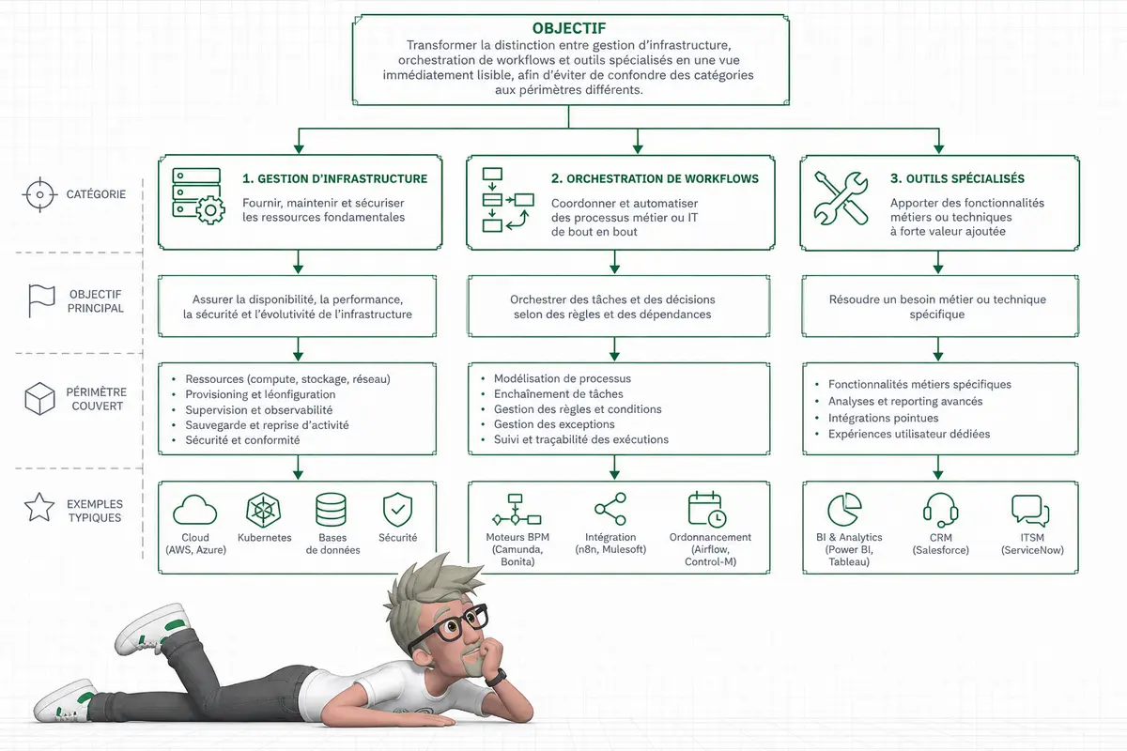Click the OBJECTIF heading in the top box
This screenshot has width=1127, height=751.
pos(569,28)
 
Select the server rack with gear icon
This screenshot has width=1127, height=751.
pos(198,196)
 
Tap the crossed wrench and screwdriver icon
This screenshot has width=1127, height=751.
pos(841,198)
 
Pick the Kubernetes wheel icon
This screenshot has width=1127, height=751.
pos(263,511)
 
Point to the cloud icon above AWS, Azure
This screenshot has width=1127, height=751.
pos(194,510)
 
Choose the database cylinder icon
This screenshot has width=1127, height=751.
pos(331,510)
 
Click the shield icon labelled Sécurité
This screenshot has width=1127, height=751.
pos(397,510)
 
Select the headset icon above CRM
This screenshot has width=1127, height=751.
pos(940,510)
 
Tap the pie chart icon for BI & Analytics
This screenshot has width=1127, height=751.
pos(844,510)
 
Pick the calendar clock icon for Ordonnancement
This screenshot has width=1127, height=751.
pos(707,510)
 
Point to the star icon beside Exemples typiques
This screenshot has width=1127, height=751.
pos(39,507)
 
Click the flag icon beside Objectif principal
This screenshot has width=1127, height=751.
pos(41,300)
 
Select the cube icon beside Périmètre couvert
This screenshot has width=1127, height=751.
pos(39,398)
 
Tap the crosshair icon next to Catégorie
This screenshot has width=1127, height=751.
pos(39,194)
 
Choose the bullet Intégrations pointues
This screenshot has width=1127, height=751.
pos(883,418)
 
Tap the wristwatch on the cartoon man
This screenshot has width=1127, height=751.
pos(496,677)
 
